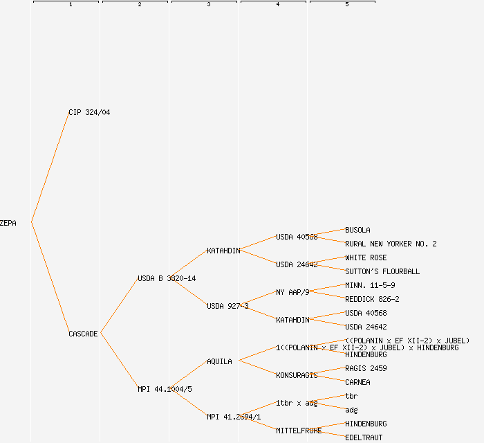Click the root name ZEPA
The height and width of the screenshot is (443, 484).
[8, 223]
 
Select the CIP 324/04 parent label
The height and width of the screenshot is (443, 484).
[89, 112]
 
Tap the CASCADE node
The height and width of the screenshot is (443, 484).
[83, 334]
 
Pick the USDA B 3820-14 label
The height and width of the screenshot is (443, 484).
[167, 278]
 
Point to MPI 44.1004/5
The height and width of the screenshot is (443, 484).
[165, 389]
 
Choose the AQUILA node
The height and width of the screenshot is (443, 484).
[219, 361]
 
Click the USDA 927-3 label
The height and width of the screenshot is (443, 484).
[227, 306]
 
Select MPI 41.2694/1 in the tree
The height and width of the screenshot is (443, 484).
[234, 417]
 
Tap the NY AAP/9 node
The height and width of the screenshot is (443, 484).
[292, 292]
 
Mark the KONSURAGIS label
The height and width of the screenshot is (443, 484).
[297, 375]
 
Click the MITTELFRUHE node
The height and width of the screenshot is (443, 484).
[299, 431]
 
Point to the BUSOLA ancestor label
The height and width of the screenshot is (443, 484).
[357, 230]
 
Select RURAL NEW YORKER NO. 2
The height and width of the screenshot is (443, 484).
[391, 244]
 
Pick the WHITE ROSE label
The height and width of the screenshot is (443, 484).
[366, 257]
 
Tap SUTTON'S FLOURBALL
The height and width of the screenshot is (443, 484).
[382, 271]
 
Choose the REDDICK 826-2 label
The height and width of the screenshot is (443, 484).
[372, 299]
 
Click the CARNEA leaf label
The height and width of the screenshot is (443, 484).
[357, 382]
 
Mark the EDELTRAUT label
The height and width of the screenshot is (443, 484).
[364, 437]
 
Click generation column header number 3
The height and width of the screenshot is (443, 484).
[208, 5]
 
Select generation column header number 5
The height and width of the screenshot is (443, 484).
[346, 5]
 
